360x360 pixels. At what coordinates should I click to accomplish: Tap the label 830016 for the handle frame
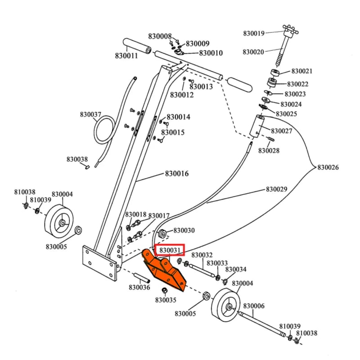coord(176,174)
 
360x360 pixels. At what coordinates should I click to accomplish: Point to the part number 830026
coord(328,167)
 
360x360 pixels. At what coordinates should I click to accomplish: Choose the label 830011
coord(126,56)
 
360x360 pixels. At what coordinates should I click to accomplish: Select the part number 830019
coord(255,33)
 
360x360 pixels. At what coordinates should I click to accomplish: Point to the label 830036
coord(139,287)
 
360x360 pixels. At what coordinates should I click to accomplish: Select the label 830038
coord(77,159)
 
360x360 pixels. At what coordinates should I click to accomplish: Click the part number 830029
coord(276,189)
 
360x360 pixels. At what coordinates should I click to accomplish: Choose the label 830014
coord(178,117)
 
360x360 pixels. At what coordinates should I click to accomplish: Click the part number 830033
coord(217,263)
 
